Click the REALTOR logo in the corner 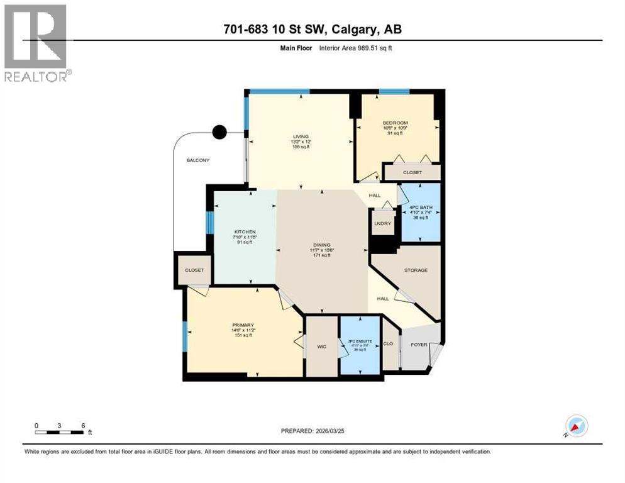pos(36,43)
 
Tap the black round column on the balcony pos(219,132)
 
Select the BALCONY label pos(197,160)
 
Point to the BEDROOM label pos(395,123)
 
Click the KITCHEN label pos(245,231)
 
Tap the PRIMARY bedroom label pos(242,325)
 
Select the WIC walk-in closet pos(321,346)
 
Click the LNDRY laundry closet pos(382,223)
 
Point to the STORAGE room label pos(416,270)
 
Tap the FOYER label pos(419,345)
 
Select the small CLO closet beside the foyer pos(389,344)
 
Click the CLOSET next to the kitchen pos(194,270)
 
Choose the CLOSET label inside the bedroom pos(412,172)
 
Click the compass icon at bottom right pos(576,426)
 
